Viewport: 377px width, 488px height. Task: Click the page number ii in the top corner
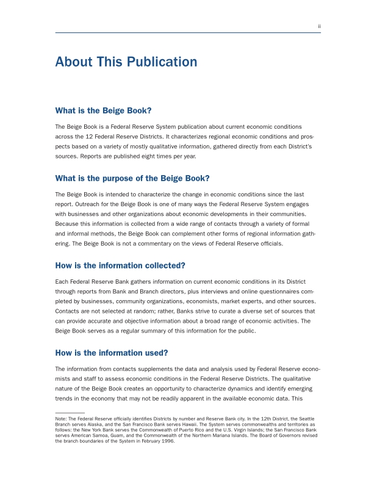pos(319,27)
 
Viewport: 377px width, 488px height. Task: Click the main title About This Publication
pos(126,62)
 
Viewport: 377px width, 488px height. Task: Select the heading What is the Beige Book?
pos(103,110)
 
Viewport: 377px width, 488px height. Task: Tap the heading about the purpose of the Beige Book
pos(132,178)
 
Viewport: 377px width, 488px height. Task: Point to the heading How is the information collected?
pos(120,265)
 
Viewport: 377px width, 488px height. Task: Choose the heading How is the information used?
pos(111,353)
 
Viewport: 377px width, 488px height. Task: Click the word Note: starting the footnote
pos(60,419)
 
